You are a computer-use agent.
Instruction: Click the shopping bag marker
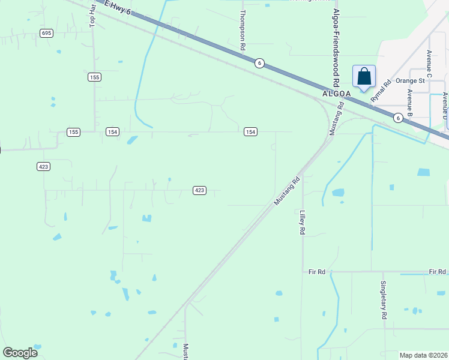(364, 77)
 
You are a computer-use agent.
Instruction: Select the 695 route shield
(46, 33)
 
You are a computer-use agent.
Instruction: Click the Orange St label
(410, 80)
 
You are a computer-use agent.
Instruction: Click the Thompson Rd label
(243, 29)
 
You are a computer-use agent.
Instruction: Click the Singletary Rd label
(383, 299)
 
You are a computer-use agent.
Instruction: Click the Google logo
(20, 353)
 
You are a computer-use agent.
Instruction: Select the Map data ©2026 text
(423, 355)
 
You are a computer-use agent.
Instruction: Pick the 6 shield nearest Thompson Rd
(259, 63)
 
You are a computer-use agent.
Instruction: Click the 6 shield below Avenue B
(398, 118)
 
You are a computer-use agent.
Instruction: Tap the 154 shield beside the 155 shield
(112, 131)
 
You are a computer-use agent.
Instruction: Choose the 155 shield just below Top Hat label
(94, 77)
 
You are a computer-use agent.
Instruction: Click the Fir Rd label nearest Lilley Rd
(316, 272)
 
